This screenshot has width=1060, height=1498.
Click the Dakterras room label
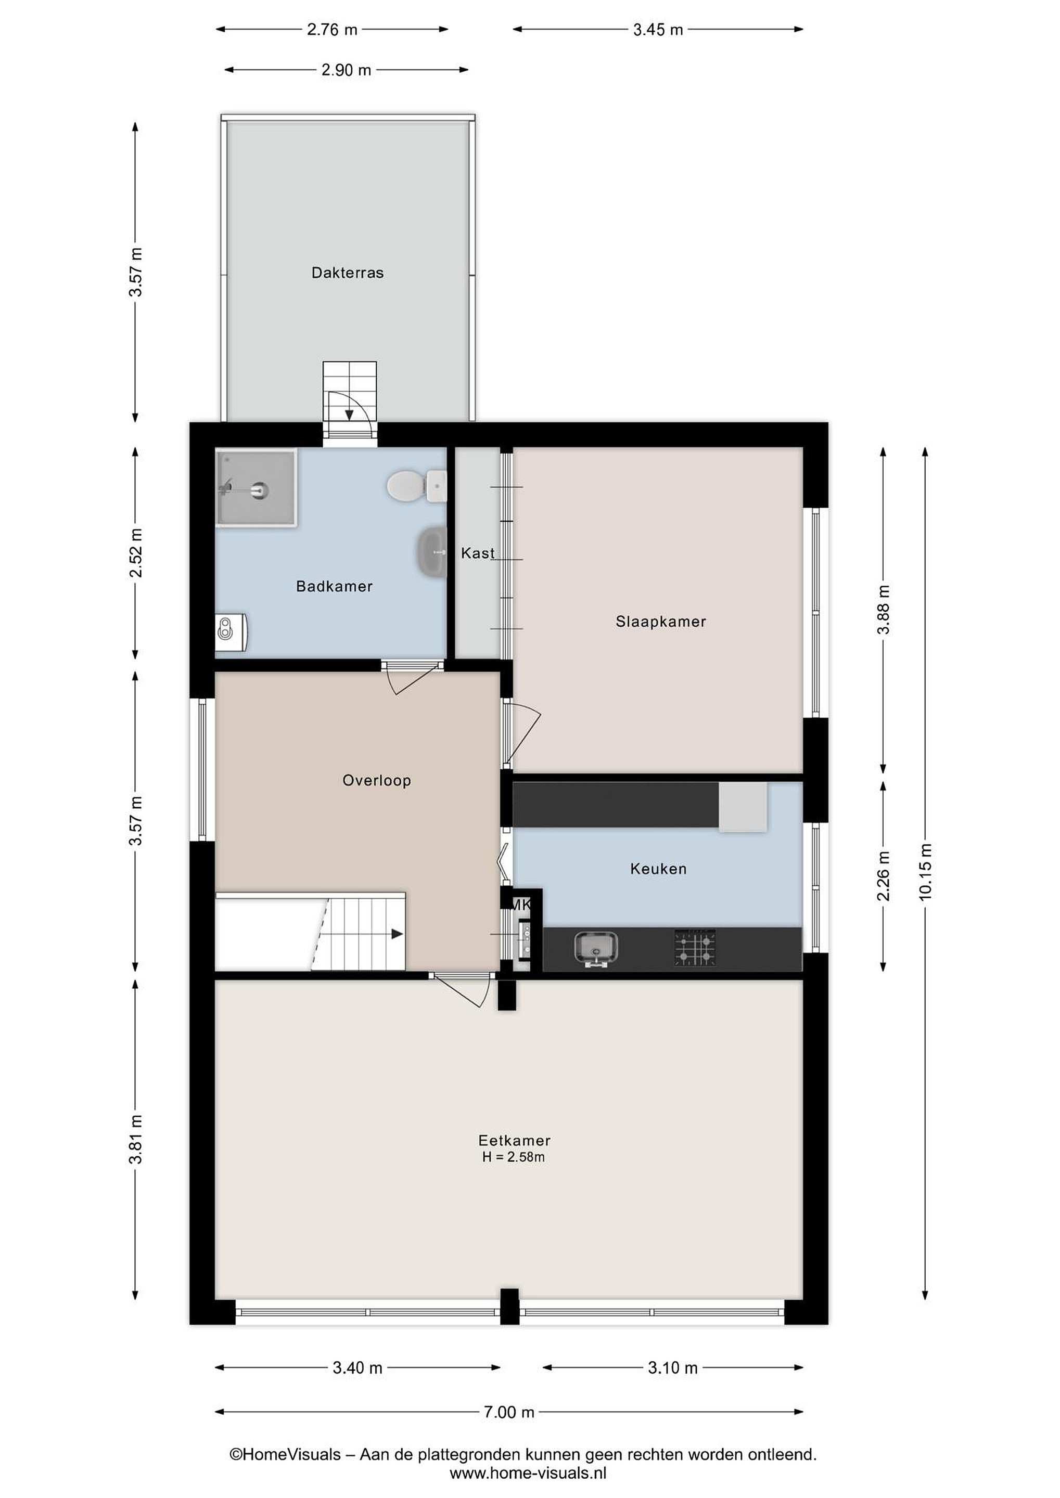tap(347, 273)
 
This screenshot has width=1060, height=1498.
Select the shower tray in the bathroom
tap(257, 487)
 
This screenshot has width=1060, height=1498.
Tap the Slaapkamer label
tap(660, 622)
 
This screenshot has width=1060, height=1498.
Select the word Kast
tap(478, 553)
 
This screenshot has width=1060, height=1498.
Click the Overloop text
tap(377, 780)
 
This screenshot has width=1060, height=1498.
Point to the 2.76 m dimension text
tap(332, 29)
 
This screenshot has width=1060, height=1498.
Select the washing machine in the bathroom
tap(231, 631)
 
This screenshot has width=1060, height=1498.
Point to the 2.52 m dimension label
tap(136, 553)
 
